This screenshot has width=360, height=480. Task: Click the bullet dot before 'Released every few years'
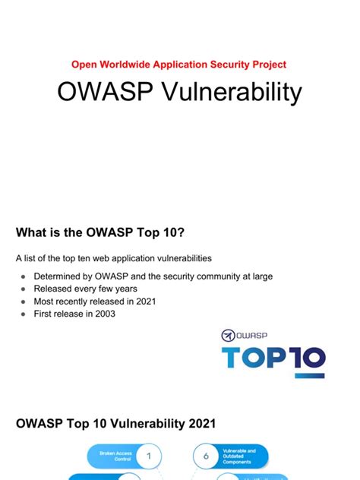[x=24, y=289]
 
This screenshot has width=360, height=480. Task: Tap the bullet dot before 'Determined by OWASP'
[x=24, y=276]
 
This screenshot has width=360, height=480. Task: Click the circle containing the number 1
[x=149, y=456]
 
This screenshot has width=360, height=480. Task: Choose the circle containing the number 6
[x=206, y=456]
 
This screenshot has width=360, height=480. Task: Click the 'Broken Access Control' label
[x=116, y=456]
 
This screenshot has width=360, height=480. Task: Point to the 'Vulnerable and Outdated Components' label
[x=240, y=456]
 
